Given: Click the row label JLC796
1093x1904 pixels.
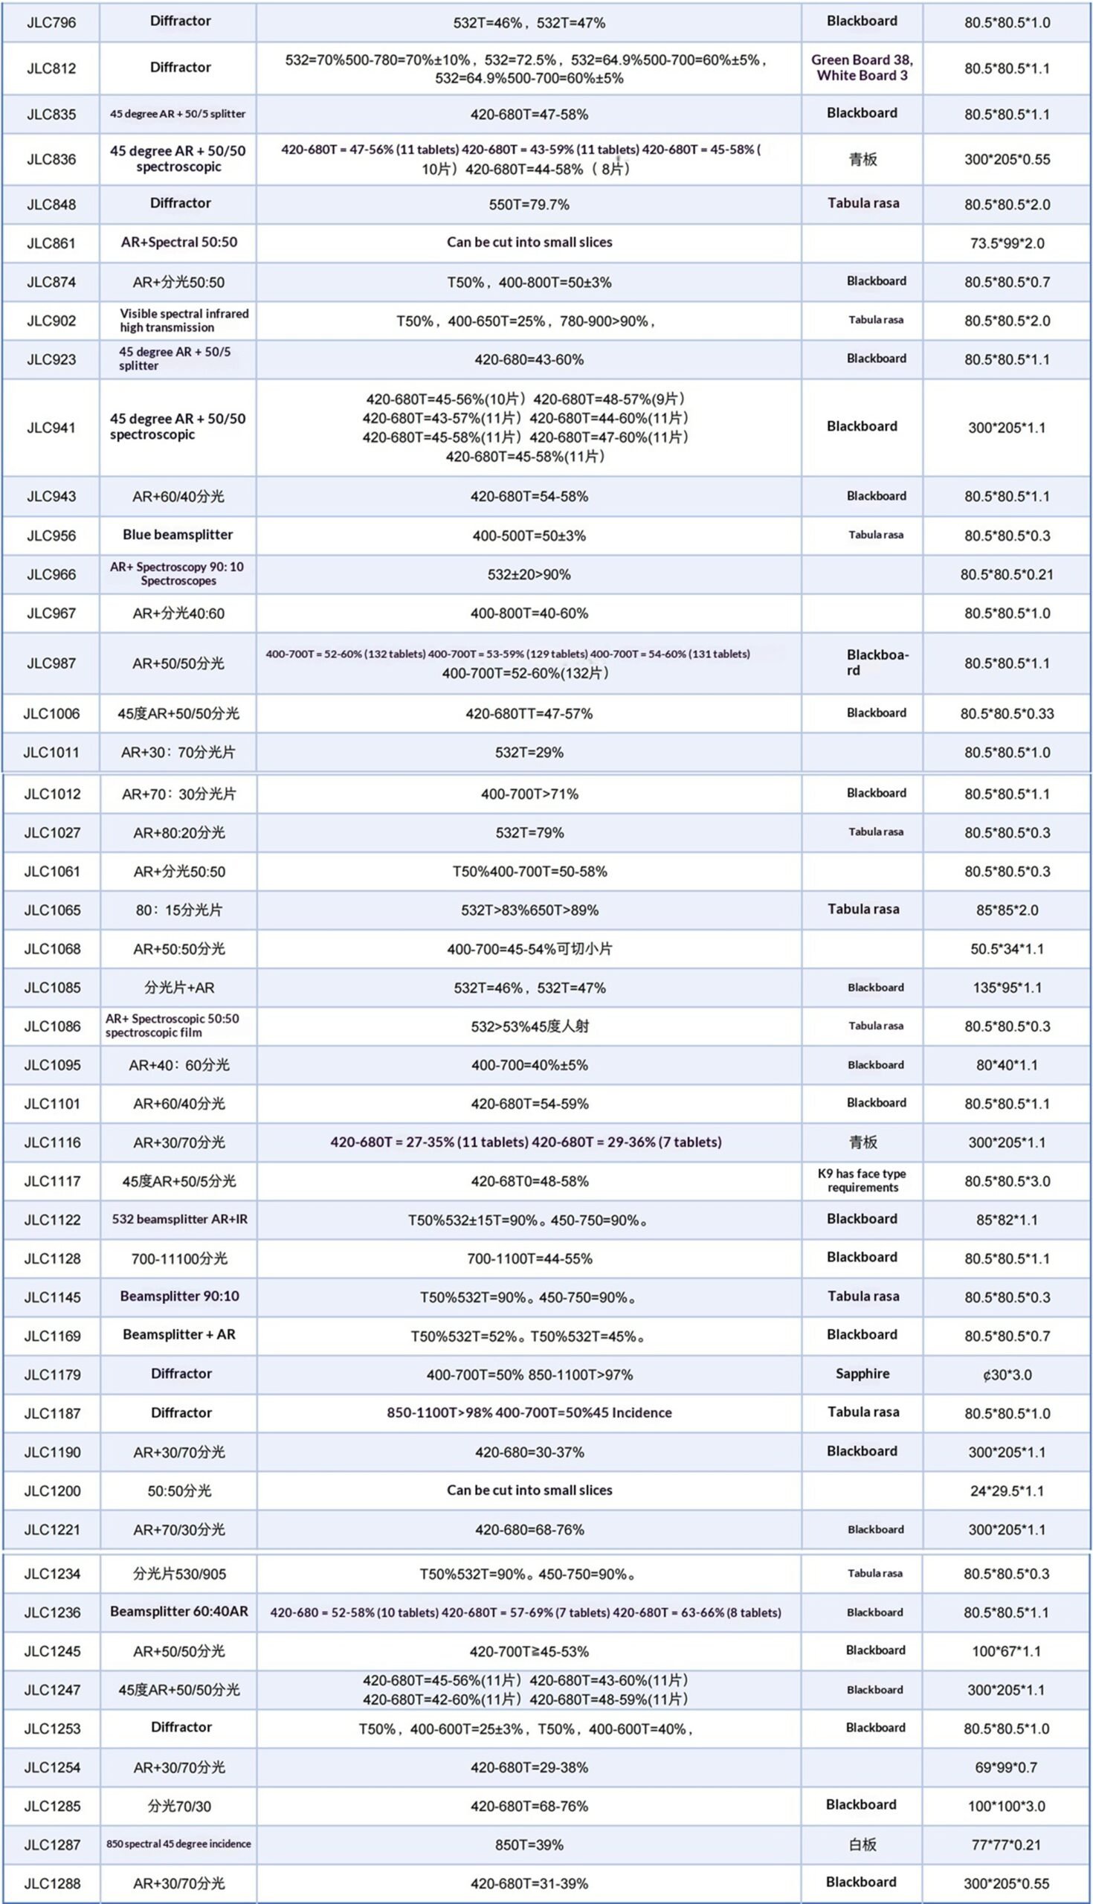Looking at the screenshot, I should tap(51, 22).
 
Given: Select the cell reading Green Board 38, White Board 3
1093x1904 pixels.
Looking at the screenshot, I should tap(862, 68).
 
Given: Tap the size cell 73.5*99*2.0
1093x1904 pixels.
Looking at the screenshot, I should tap(1007, 243).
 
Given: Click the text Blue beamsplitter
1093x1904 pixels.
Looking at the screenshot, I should tap(178, 535).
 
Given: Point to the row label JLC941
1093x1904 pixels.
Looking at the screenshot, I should tap(51, 428).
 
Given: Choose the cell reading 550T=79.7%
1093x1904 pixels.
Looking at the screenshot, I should tap(529, 205).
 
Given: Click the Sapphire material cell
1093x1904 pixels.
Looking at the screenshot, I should tap(862, 1374).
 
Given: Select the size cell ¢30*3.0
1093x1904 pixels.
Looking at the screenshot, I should tap(1007, 1374).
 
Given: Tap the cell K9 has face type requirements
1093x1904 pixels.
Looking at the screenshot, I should tap(862, 1180).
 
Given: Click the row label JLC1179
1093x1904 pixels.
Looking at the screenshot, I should tap(52, 1374).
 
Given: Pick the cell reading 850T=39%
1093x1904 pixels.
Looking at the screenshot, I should tap(529, 1844).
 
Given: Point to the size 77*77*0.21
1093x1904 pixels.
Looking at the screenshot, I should tap(1006, 1844).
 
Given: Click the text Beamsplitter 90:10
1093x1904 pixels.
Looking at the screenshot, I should tap(179, 1296).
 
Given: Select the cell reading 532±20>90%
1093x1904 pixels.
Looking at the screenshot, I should tap(529, 574).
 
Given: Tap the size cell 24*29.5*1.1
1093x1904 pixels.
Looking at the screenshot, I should tap(1007, 1491).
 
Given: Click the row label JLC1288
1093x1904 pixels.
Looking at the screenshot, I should tap(52, 1883).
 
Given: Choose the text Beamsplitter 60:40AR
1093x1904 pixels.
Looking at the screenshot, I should tap(178, 1612).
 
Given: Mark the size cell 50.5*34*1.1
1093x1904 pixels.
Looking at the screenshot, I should tap(1007, 949).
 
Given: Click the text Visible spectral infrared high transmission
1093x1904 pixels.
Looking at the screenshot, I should tap(184, 321).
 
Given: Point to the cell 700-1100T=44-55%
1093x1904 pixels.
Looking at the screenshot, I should tap(529, 1258).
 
